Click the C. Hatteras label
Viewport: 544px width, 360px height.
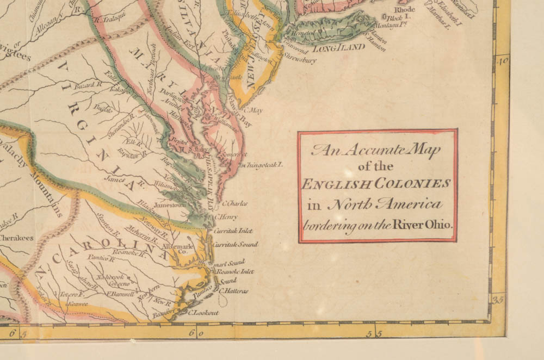pos(233,291)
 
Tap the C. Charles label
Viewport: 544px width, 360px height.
pos(235,204)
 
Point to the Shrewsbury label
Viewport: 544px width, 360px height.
pos(299,60)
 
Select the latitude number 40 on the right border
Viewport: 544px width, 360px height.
pos(503,61)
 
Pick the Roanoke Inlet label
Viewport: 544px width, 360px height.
pos(235,271)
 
